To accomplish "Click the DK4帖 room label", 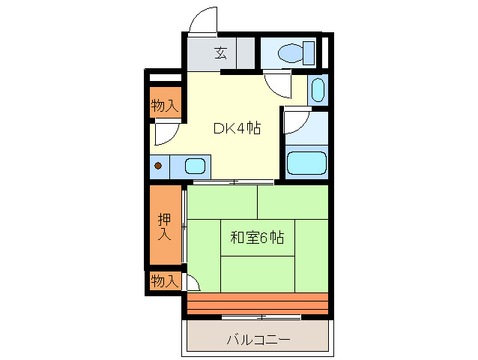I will pos(236,127).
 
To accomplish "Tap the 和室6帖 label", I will pos(256,238).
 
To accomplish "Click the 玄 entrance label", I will pos(220,53).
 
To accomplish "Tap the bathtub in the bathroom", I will pos(306,161).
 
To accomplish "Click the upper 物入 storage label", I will pos(165,106).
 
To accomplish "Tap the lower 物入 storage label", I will pos(165,281).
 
